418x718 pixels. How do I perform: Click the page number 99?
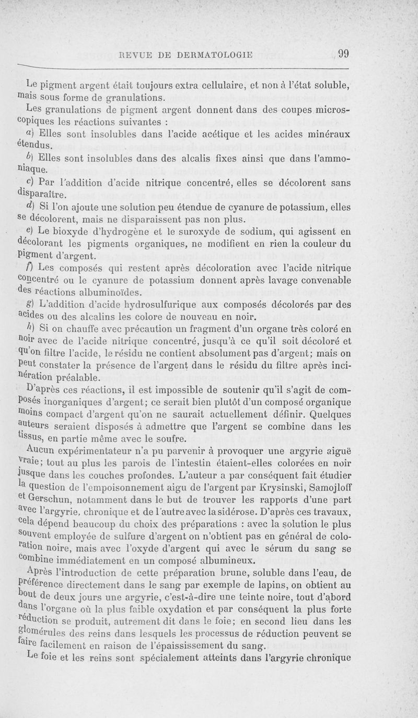pos(343,53)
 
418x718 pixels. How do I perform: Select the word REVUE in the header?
pos(138,53)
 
